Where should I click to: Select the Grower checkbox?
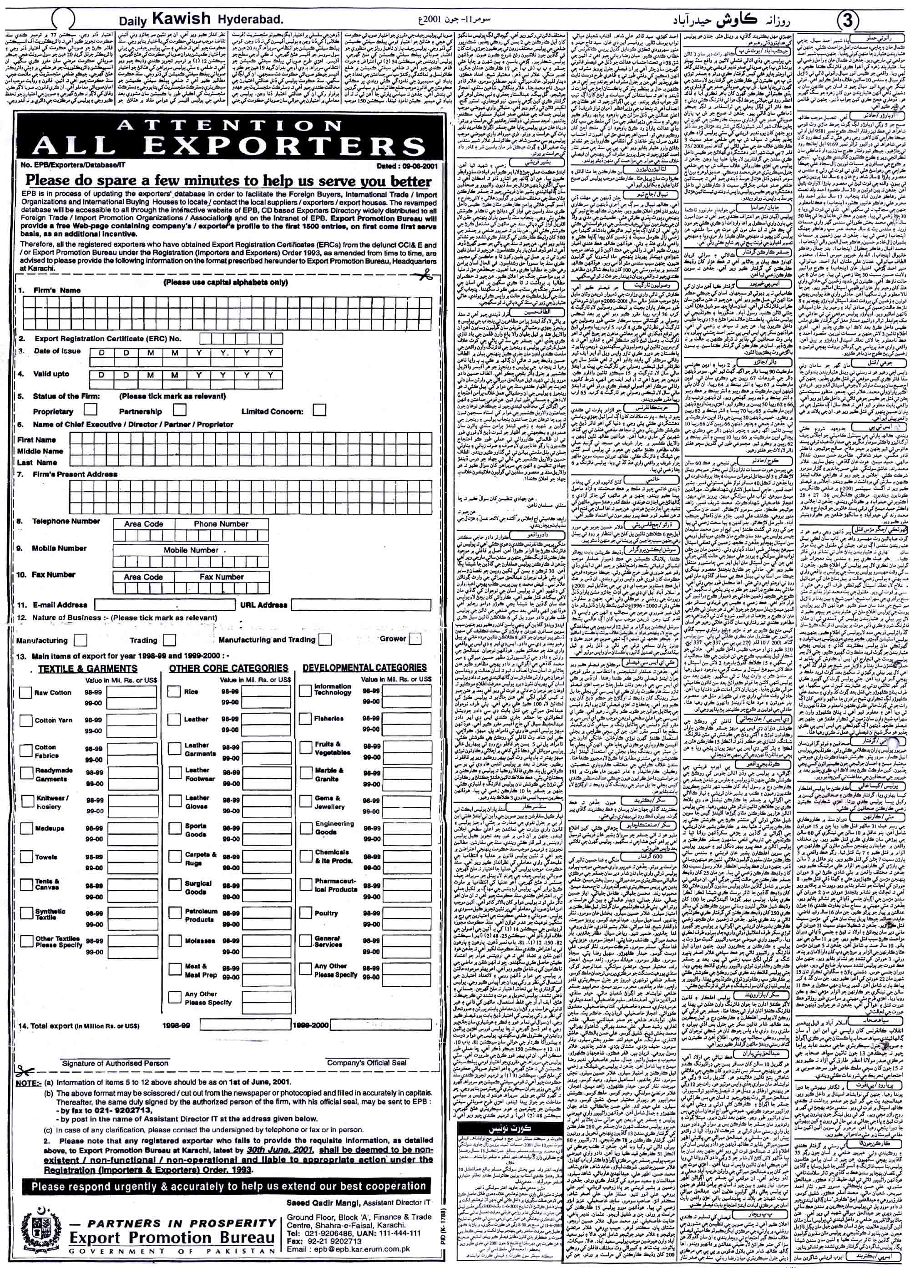pos(415,639)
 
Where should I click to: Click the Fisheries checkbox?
pos(305,718)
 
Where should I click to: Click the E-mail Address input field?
pos(164,604)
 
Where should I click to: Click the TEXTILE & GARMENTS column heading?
pos(88,668)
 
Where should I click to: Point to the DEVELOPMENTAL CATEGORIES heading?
pos(364,668)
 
